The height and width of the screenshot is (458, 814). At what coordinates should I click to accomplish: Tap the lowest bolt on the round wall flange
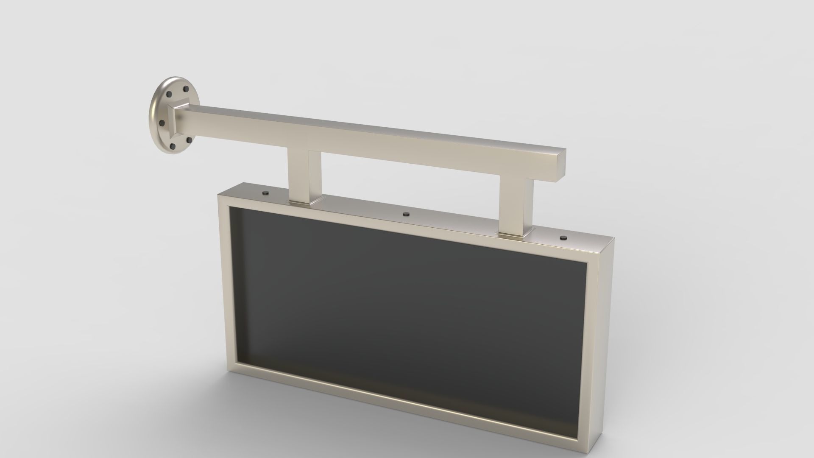tap(173, 146)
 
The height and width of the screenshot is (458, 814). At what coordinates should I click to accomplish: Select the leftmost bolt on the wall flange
tap(162, 123)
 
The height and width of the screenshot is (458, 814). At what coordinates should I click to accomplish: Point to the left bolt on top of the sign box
tap(266, 193)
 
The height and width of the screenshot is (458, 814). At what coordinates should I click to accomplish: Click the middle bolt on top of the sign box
tap(406, 214)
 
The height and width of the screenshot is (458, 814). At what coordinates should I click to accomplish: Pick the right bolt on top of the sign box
tap(563, 237)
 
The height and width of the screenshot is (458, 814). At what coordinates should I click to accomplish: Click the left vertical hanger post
tap(304, 176)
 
